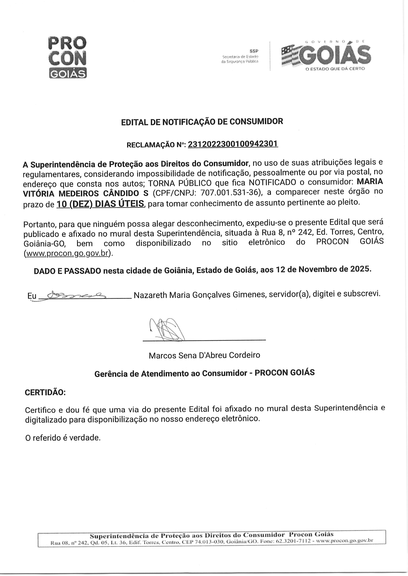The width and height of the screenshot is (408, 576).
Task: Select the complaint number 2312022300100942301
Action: click(x=233, y=144)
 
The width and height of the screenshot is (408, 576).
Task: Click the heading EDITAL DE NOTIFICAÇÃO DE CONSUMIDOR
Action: click(x=202, y=121)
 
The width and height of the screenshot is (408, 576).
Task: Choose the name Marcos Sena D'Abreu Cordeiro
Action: click(x=204, y=355)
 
